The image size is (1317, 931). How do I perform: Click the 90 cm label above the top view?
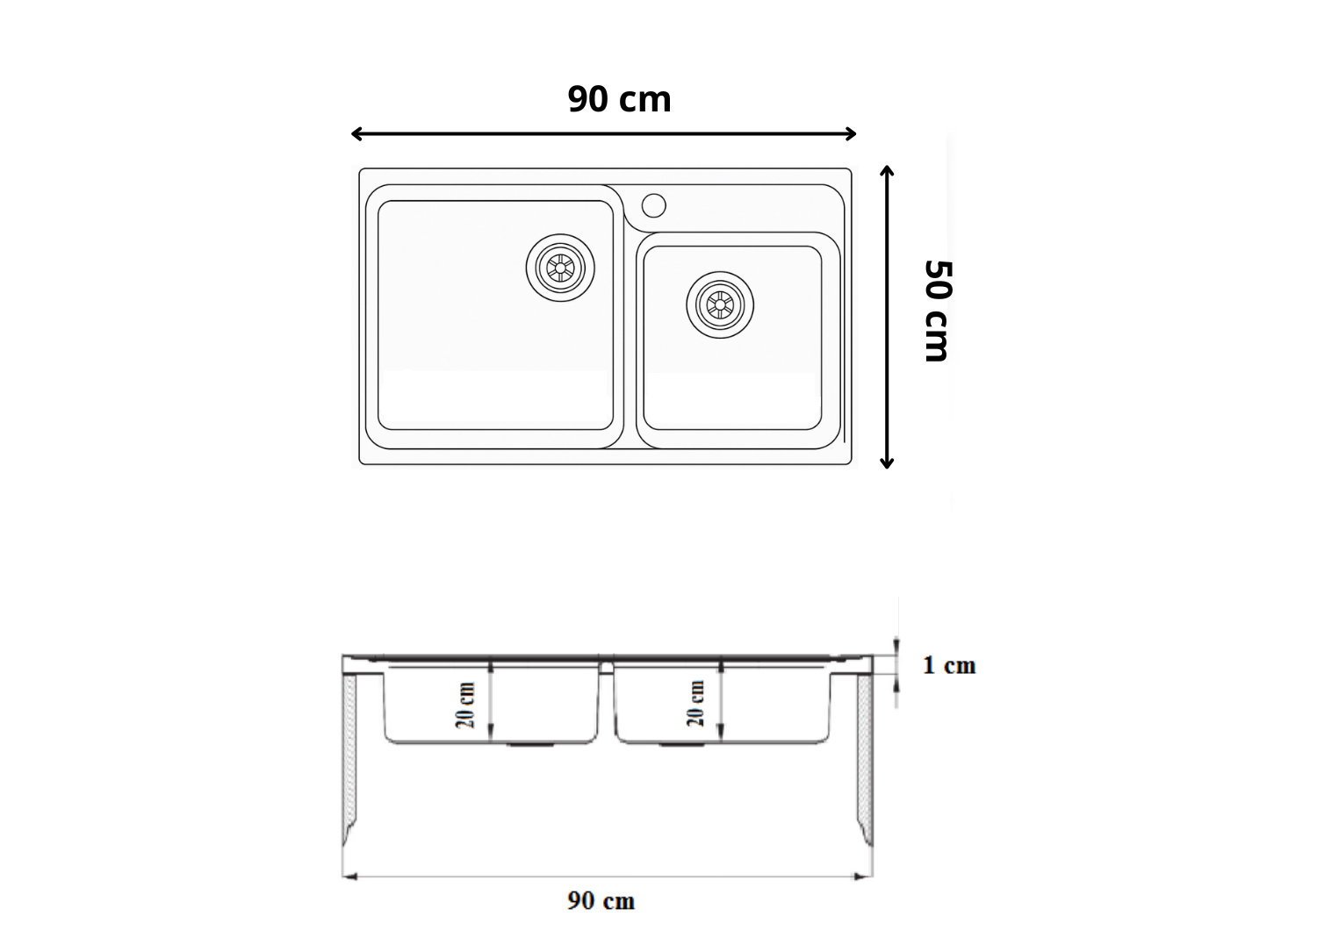[619, 99]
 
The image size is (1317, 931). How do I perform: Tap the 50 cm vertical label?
[936, 311]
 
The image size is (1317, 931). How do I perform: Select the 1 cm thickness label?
[949, 665]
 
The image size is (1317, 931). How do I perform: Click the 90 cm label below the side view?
[601, 900]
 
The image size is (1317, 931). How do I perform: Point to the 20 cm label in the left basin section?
[465, 705]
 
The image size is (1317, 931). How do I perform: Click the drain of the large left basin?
[560, 268]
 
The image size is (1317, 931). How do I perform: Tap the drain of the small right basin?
[720, 304]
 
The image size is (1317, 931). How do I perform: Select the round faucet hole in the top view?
[654, 205]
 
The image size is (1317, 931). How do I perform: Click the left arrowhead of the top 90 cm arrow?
[356, 134]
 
